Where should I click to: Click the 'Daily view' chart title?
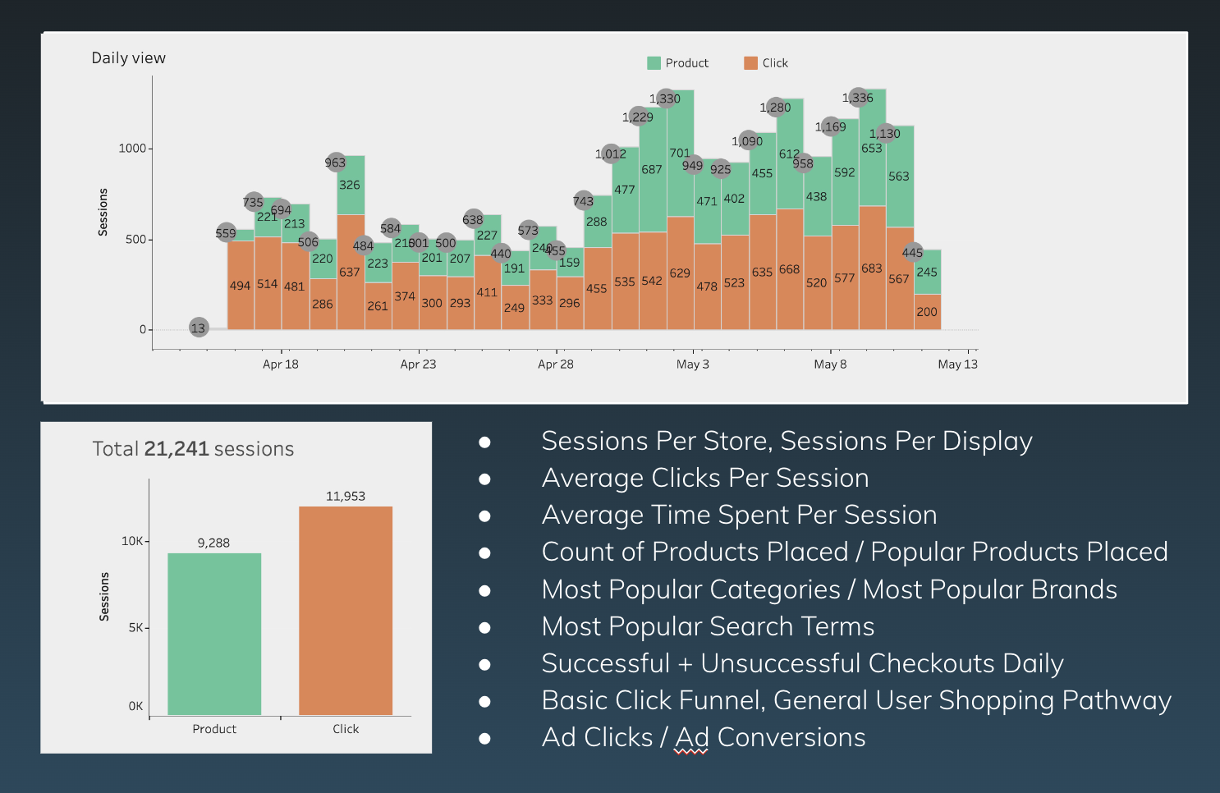(128, 58)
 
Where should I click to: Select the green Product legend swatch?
(654, 63)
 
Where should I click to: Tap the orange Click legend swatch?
(750, 63)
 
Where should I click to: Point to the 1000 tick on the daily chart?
(132, 149)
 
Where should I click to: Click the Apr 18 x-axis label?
(281, 364)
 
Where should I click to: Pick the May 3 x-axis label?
(693, 364)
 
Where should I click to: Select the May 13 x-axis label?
(957, 364)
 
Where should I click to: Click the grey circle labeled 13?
(198, 328)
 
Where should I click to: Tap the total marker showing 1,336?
(858, 98)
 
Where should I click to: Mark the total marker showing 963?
(335, 163)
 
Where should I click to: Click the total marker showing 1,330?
(665, 99)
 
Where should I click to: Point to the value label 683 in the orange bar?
(872, 268)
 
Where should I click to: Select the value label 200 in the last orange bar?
(927, 312)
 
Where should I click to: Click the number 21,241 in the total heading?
(176, 449)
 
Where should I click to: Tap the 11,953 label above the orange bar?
(346, 496)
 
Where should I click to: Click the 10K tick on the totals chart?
(132, 541)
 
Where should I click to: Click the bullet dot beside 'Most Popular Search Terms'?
(484, 627)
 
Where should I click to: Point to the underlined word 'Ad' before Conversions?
(690, 737)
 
